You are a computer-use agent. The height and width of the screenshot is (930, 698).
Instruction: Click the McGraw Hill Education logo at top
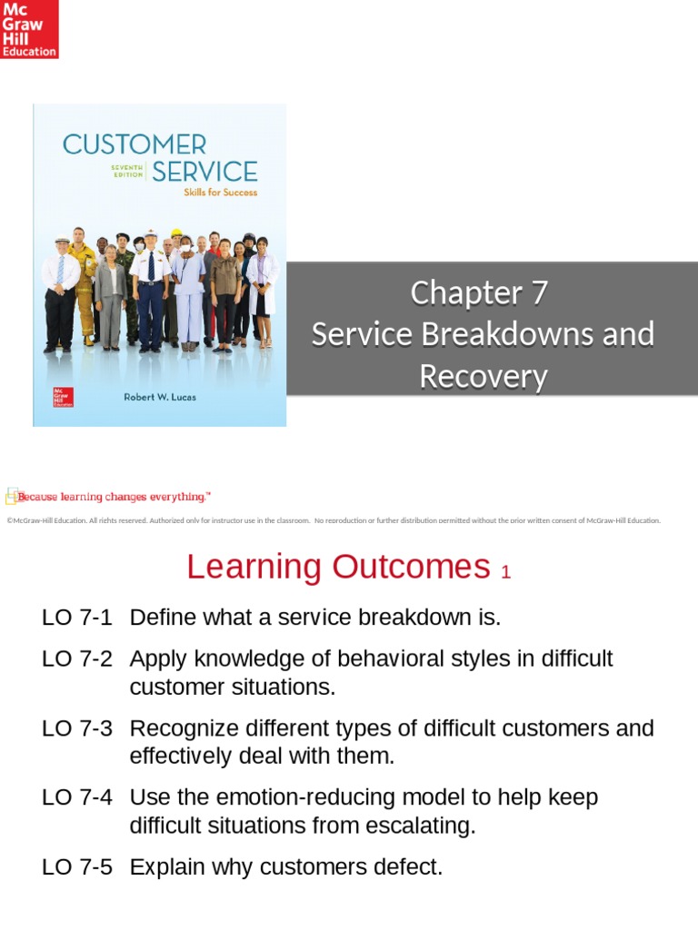click(x=29, y=29)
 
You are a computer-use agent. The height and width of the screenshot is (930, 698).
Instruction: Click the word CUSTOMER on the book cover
click(x=134, y=144)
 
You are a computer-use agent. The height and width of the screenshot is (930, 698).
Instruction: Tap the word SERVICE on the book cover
click(x=204, y=171)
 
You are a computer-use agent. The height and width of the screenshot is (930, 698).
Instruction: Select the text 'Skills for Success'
click(x=221, y=193)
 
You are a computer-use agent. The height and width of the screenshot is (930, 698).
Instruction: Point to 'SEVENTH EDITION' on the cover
click(x=126, y=172)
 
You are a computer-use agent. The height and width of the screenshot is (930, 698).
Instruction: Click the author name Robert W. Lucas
click(x=160, y=397)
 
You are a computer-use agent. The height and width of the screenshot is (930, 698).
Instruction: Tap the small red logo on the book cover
click(x=64, y=397)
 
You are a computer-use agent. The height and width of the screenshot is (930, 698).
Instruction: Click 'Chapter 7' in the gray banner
click(x=479, y=293)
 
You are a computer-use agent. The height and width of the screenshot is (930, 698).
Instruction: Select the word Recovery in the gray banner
click(x=483, y=377)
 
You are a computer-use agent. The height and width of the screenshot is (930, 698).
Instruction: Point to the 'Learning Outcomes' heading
click(x=338, y=568)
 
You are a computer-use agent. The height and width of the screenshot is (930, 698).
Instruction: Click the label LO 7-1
click(x=77, y=618)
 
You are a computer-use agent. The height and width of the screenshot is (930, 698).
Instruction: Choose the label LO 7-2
click(x=77, y=659)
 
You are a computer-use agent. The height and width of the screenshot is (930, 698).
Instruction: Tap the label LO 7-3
click(x=77, y=728)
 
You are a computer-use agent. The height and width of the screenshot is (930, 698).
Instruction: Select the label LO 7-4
click(x=77, y=797)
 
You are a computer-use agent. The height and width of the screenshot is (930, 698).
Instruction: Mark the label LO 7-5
click(x=77, y=867)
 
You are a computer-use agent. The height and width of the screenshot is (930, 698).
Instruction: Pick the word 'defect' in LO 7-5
click(x=404, y=867)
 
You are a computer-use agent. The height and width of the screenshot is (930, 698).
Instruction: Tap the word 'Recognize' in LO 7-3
click(x=184, y=728)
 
